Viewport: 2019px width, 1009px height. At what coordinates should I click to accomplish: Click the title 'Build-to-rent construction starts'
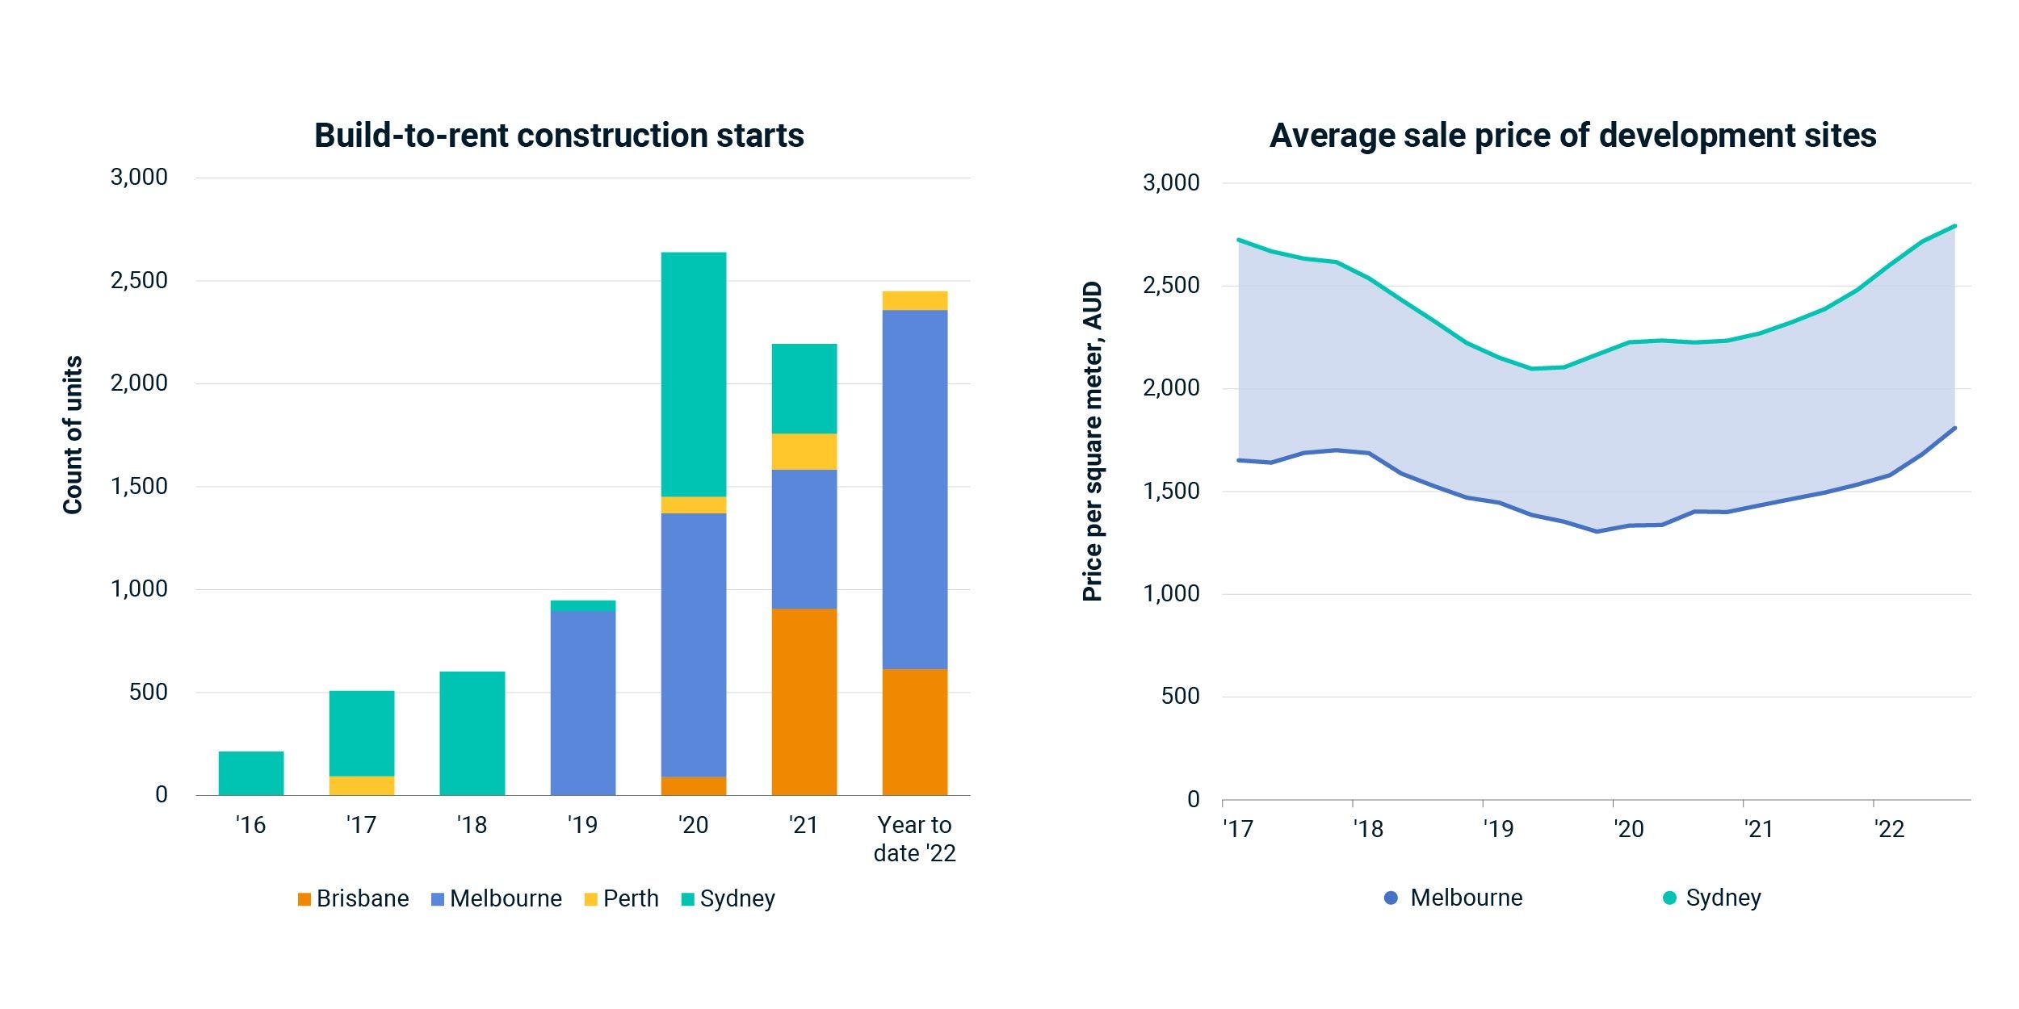coord(559,136)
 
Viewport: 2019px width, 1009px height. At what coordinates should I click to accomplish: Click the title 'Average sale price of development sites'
coord(1572,136)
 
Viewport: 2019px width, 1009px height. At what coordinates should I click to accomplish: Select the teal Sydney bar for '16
coord(251,773)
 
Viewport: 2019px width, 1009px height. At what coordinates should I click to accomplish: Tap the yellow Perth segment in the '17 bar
coord(362,785)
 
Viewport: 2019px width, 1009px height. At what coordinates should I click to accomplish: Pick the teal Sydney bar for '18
coord(472,733)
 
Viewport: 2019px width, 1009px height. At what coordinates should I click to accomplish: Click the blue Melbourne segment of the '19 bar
coord(583,702)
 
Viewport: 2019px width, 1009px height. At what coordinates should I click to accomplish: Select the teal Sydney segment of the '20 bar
coord(694,375)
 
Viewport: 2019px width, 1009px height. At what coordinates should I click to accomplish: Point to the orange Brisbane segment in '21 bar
coord(804,701)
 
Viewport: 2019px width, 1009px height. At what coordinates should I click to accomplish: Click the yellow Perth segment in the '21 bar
coord(804,452)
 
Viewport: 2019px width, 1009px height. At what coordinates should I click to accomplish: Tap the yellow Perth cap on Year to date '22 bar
coord(915,301)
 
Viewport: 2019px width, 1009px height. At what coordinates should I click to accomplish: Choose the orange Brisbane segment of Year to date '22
coord(915,731)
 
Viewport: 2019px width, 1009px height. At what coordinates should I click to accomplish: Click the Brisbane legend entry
coord(354,898)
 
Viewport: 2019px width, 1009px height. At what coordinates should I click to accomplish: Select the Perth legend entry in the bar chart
coord(622,898)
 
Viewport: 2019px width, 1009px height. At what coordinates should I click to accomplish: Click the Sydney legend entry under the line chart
coord(1713,898)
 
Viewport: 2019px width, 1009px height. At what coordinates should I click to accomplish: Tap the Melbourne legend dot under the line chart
coord(1391,898)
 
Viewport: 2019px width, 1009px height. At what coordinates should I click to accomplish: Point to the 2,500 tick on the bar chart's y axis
coord(139,281)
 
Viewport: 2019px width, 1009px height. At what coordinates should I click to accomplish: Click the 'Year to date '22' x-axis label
coord(915,839)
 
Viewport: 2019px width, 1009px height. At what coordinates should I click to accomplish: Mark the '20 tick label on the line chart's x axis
coord(1628,829)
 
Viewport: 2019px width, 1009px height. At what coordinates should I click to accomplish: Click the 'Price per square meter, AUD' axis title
coord(1092,441)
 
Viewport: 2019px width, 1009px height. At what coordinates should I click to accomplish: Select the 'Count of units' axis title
coord(73,434)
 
